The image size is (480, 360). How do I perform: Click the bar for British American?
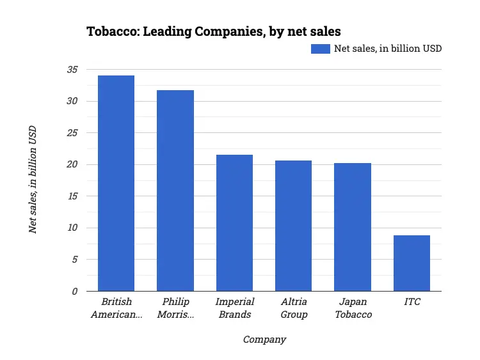click(x=116, y=183)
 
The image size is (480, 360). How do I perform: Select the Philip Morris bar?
click(x=175, y=191)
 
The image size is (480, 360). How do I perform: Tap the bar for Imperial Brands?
click(x=234, y=223)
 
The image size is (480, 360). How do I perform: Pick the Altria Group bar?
click(x=294, y=226)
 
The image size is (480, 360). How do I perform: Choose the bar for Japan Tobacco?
click(x=353, y=227)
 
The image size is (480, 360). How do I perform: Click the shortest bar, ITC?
click(x=412, y=263)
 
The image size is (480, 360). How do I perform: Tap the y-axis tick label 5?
click(x=74, y=260)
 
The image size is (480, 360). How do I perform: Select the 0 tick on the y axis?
click(x=74, y=291)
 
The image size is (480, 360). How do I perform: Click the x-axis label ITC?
click(x=412, y=302)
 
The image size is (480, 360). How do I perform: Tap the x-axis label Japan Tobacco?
click(x=353, y=308)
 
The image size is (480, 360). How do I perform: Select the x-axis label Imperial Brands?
click(x=234, y=308)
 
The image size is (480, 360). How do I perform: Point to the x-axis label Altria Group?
click(x=294, y=308)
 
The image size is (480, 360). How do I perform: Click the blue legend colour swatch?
click(x=320, y=49)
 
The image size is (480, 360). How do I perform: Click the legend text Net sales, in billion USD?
click(x=388, y=49)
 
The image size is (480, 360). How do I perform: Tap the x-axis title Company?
click(x=264, y=340)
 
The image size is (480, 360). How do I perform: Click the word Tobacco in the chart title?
click(x=110, y=31)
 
